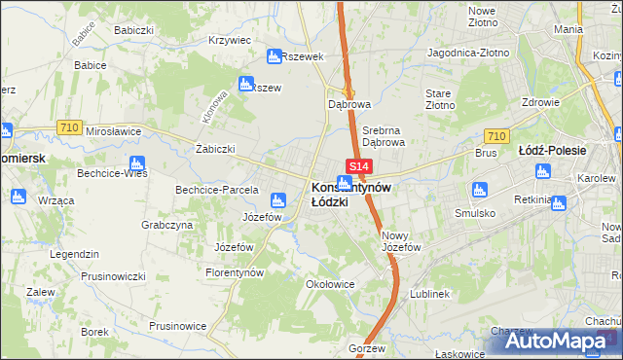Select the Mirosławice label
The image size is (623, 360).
(113, 130)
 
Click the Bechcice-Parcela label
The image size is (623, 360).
(216, 190)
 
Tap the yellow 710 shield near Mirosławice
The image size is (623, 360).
(68, 126)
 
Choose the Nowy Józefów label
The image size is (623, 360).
(401, 240)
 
